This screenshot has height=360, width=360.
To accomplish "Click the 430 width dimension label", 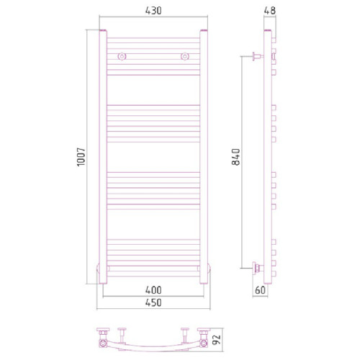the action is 153,11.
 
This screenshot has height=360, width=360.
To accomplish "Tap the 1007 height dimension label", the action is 81,157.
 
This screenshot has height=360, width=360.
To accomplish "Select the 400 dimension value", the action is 153,290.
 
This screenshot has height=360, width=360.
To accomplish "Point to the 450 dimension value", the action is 153,302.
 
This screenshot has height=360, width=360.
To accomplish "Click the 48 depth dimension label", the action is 270,11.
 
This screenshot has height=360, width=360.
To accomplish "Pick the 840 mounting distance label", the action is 236,157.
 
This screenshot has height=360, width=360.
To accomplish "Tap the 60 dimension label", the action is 260,290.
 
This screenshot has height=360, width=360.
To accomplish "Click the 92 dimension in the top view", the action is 217,340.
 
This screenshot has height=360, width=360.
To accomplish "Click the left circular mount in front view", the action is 122,56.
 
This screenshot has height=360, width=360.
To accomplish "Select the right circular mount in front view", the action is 185,56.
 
